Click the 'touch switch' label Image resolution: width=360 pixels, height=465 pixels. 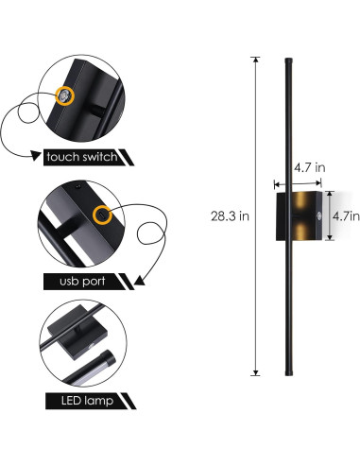click(79, 156)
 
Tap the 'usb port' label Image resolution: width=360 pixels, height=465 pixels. click(75, 282)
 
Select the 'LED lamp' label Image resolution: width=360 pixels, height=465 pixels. click(76, 401)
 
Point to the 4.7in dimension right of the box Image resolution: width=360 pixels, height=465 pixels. click(343, 216)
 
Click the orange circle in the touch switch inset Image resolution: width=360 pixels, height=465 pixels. click(64, 96)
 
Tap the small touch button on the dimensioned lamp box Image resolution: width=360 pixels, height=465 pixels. click(319, 216)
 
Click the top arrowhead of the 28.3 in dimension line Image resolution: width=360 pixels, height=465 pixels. click(255, 60)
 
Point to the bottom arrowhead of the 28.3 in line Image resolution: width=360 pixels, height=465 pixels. click(255, 374)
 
